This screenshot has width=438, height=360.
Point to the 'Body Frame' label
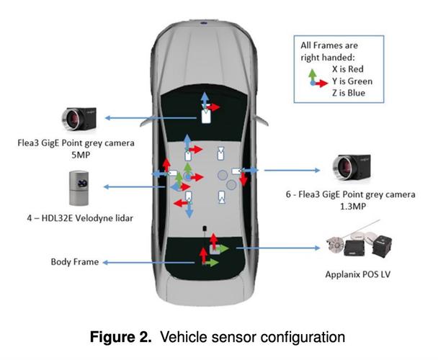(x=75, y=263)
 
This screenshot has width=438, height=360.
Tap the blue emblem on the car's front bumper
(x=204, y=22)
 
